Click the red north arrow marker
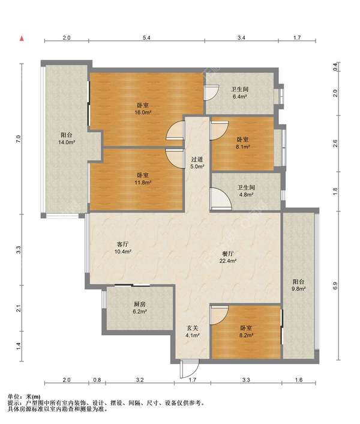click(22, 38)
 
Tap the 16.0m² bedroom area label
click(143, 109)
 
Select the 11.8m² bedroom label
click(143, 179)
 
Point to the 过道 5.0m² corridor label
click(197, 163)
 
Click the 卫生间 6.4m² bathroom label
click(240, 92)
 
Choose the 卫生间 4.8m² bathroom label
click(246, 191)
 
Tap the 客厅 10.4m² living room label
click(122, 248)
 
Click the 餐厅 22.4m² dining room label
click(228, 258)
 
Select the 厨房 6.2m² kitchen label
click(140, 307)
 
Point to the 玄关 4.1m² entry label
click(193, 332)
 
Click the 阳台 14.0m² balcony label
click(67, 139)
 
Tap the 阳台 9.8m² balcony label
click(298, 285)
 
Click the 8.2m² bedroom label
click(246, 332)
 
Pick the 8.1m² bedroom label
click(243, 144)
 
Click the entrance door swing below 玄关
click(190, 369)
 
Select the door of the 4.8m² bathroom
click(221, 199)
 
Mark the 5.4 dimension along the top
click(146, 38)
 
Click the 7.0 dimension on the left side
click(18, 139)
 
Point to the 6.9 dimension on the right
click(335, 286)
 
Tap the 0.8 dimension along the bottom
click(97, 380)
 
